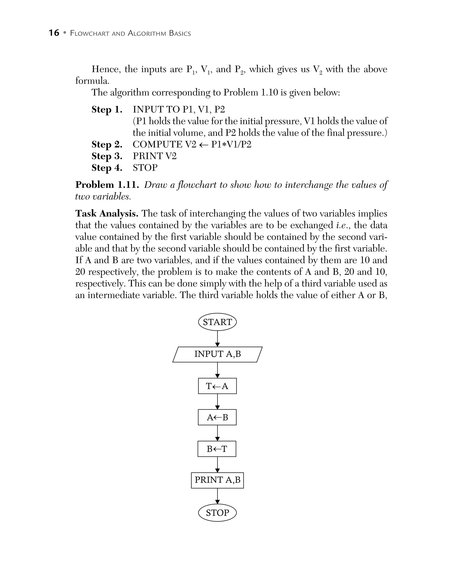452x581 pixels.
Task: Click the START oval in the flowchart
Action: pyautogui.click(x=217, y=322)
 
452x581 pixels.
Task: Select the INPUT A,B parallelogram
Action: pyautogui.click(x=217, y=354)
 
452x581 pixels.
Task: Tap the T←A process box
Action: pyautogui.click(x=217, y=386)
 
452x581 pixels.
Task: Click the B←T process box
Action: pyautogui.click(x=217, y=449)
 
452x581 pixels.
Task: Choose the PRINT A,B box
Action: pyautogui.click(x=217, y=480)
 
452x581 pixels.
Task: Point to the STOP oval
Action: pyautogui.click(x=217, y=513)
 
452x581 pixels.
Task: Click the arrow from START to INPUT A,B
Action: pyautogui.click(x=217, y=339)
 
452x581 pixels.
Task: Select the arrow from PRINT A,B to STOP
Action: pyautogui.click(x=217, y=496)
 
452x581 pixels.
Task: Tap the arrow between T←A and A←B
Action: pyautogui.click(x=217, y=401)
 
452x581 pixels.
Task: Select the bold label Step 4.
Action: pyautogui.click(x=107, y=168)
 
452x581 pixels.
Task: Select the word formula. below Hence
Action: pyautogui.click(x=92, y=81)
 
